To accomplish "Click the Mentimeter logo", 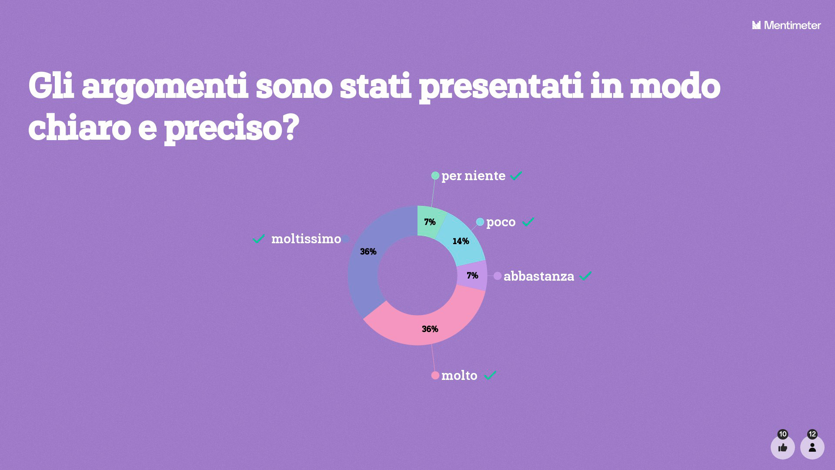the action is coord(786,25).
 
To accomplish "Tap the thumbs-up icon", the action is coord(783,447).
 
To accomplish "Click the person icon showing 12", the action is coord(812,447).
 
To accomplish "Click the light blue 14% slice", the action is coord(462,240).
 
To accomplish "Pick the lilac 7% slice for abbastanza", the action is coord(472,275).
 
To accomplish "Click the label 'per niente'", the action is coord(473,176).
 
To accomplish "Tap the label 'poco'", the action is coord(501,222).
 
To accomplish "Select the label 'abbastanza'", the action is coord(539,276).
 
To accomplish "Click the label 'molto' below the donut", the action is coord(459,375).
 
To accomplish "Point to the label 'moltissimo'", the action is coord(306,238).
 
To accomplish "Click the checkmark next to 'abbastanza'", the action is coord(586,275).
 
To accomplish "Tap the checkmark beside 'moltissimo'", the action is coord(259,238).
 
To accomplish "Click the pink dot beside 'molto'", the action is coord(435,375).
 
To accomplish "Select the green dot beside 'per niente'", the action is coord(435,175).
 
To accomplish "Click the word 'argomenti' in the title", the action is coord(165,87).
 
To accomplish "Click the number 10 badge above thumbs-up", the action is coord(783,434).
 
